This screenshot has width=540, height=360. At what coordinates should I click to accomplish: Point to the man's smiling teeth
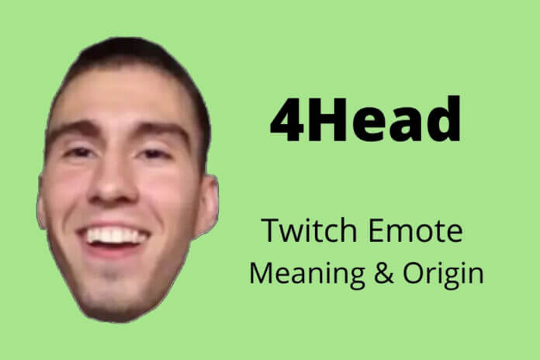pyautogui.click(x=116, y=234)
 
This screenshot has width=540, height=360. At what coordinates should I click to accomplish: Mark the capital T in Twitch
pyautogui.click(x=268, y=231)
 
